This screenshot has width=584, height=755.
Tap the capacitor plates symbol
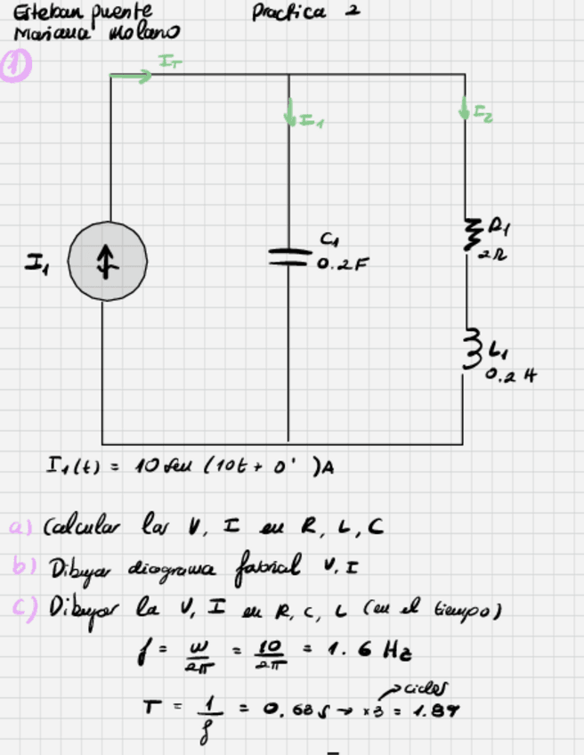coord(289,256)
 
